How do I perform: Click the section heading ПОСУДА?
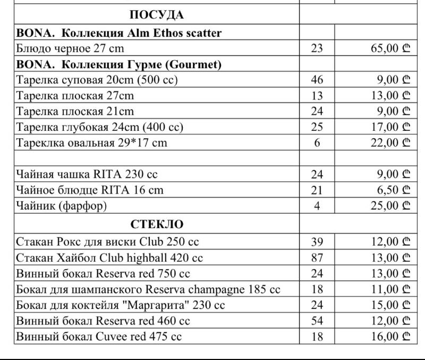[157, 14]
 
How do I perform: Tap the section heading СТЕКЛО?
[157, 224]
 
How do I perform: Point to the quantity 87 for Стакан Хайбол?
[317, 258]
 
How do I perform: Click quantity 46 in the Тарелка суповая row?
[317, 80]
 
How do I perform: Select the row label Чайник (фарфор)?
[65, 205]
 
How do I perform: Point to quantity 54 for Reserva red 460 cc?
[317, 321]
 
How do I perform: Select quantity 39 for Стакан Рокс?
[317, 242]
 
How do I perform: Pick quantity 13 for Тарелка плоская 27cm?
[317, 96]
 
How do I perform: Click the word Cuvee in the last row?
[110, 337]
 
